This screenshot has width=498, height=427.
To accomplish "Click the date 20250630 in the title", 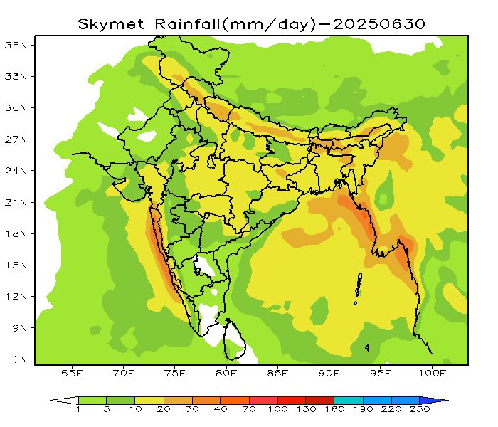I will point(379,23).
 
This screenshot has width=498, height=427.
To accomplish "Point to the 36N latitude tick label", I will point(16,44).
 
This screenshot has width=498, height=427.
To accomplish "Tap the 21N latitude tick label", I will point(16,202).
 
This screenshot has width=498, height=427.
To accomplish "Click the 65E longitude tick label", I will point(72,373).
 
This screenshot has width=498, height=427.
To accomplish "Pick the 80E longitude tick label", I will point(226,373).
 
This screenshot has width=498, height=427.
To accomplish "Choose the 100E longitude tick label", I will point(433,373).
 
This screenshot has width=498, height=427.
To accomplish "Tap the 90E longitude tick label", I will point(329,373).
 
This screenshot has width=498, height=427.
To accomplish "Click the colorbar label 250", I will point(420,411).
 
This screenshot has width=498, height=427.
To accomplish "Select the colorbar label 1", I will point(78,411).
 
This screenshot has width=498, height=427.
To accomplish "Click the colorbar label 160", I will point(334,411).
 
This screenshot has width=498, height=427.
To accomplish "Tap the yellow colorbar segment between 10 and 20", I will point(149,400).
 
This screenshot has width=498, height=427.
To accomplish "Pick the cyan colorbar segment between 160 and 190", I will point(349,400).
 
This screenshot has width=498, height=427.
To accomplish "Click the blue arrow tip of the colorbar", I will point(442,400).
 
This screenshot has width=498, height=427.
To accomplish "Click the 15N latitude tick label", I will point(16,265).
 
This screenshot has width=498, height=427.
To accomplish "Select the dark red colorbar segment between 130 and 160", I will point(320,400).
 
